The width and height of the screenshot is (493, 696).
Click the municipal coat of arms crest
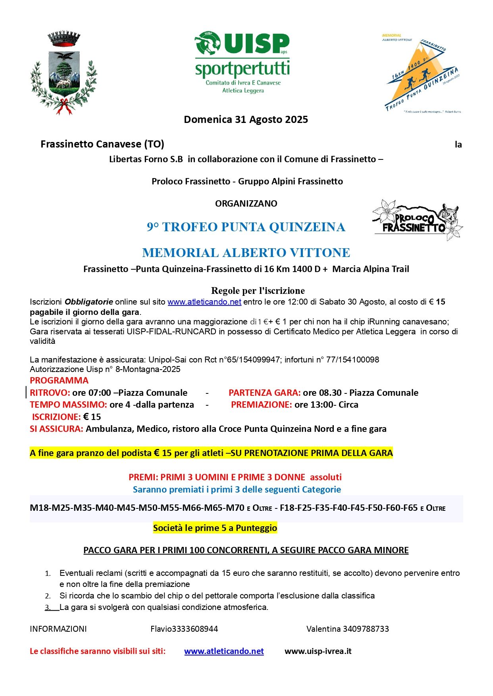coord(64,73)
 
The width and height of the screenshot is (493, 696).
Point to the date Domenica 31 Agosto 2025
coord(246,120)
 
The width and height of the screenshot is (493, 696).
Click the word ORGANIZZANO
coord(246,204)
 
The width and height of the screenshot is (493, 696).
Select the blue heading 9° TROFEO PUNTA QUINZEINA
coord(246,227)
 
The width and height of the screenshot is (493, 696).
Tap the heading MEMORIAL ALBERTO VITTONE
coord(246,253)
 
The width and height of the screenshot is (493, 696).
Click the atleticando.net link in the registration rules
coord(204,302)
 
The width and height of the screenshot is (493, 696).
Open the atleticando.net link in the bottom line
coord(224,651)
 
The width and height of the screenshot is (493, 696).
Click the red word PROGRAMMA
coord(59,381)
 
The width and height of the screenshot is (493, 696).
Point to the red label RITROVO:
coord(50,393)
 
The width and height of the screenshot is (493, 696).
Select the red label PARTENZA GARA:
coord(264,393)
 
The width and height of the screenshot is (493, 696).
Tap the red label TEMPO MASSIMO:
coord(68,405)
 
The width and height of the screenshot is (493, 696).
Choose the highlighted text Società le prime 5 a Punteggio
coord(215,528)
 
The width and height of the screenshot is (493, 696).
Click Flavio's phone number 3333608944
coord(195,629)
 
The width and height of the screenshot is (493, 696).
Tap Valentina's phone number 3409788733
coord(366,629)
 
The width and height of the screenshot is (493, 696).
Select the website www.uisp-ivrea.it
coord(318,651)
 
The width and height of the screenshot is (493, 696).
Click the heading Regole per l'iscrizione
coord(258,291)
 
